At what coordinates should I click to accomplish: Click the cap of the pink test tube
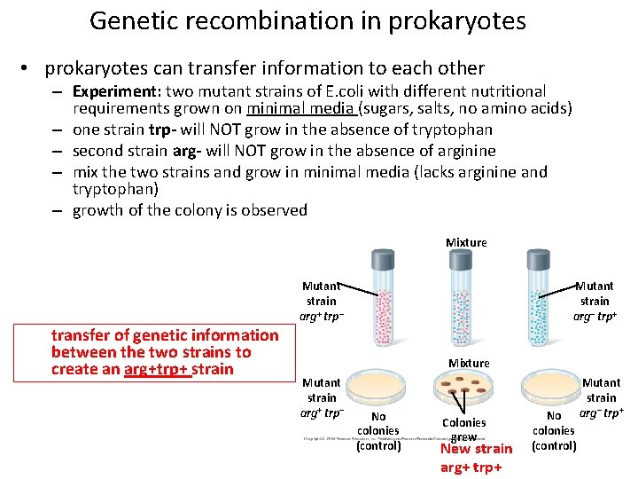pos(383,260)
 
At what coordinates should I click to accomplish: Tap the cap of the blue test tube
pos(539,260)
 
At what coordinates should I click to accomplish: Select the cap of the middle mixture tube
pos(462,260)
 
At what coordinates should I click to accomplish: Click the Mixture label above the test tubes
pos(466,242)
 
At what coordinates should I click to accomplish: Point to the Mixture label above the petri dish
pos(469,364)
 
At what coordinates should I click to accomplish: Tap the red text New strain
pos(477,449)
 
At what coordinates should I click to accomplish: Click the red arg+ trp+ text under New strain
pos(471,467)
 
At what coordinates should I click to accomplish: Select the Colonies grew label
pos(463,429)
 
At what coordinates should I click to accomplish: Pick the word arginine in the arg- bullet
pos(463,151)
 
